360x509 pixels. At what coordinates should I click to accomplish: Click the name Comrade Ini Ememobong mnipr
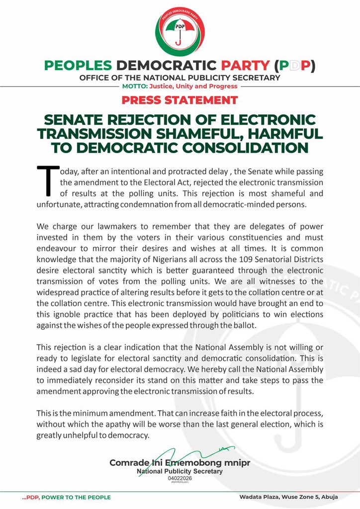tap(180, 463)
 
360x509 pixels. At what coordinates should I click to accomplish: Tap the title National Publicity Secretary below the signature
tap(180, 471)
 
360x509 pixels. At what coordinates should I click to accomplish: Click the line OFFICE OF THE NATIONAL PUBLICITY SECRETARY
tap(180, 78)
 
